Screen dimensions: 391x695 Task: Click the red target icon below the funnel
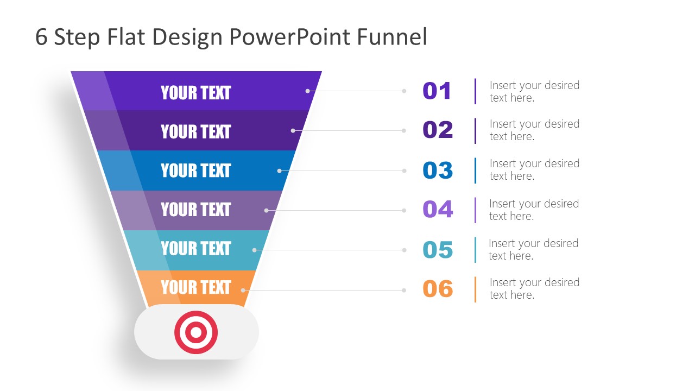[x=196, y=332]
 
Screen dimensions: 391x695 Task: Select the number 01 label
[x=437, y=91]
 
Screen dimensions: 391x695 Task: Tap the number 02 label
[x=438, y=130]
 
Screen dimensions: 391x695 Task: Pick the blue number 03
[x=438, y=171]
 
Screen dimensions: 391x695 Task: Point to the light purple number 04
[x=438, y=210]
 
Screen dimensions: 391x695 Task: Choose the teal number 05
[x=438, y=250]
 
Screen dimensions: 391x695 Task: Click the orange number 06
[x=438, y=289]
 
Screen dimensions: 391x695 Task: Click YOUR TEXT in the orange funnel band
[x=196, y=287]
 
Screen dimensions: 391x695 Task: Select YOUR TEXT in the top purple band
[x=196, y=93]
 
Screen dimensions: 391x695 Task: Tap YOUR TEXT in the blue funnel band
[x=196, y=171]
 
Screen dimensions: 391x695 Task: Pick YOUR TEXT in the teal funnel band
[x=196, y=249]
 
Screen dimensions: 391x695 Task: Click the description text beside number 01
[x=534, y=91]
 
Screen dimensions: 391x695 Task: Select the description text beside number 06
[x=534, y=288]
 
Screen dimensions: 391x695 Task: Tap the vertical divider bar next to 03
[x=476, y=171]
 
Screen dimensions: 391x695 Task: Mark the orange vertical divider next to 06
[x=476, y=289]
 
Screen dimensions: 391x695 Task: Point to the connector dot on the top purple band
[x=307, y=91]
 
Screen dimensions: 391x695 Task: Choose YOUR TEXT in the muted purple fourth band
[x=196, y=210]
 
